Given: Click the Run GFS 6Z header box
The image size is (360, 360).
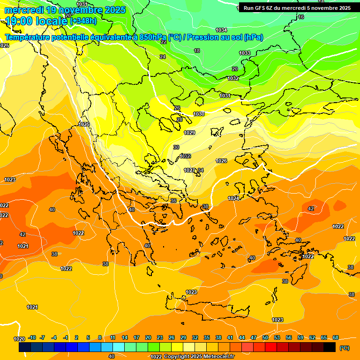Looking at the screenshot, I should tap(297, 8).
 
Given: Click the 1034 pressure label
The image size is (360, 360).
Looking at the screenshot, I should tap(221, 30).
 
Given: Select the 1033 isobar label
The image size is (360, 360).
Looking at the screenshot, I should tap(245, 53).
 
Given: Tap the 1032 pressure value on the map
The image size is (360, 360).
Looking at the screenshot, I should tap(233, 78).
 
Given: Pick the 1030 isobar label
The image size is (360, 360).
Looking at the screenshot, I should tap(199, 114).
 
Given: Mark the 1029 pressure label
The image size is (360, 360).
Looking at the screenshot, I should tap(189, 133).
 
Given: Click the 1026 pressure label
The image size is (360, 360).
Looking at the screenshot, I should tap(221, 161).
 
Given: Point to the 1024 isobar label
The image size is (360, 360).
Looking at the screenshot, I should tap(233, 198).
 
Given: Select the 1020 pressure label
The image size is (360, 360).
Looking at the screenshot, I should tap(19, 339).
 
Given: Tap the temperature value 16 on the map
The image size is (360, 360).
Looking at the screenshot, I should tap(301, 17).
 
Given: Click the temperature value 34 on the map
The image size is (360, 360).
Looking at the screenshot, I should tap(201, 170).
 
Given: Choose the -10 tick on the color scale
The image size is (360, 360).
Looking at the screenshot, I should tap(32, 337).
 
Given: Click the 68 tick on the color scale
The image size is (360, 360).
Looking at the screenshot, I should tap(336, 337).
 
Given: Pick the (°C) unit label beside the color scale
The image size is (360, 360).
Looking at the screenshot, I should tap(345, 347).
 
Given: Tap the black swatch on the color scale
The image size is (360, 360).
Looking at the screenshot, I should tap(330, 347).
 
